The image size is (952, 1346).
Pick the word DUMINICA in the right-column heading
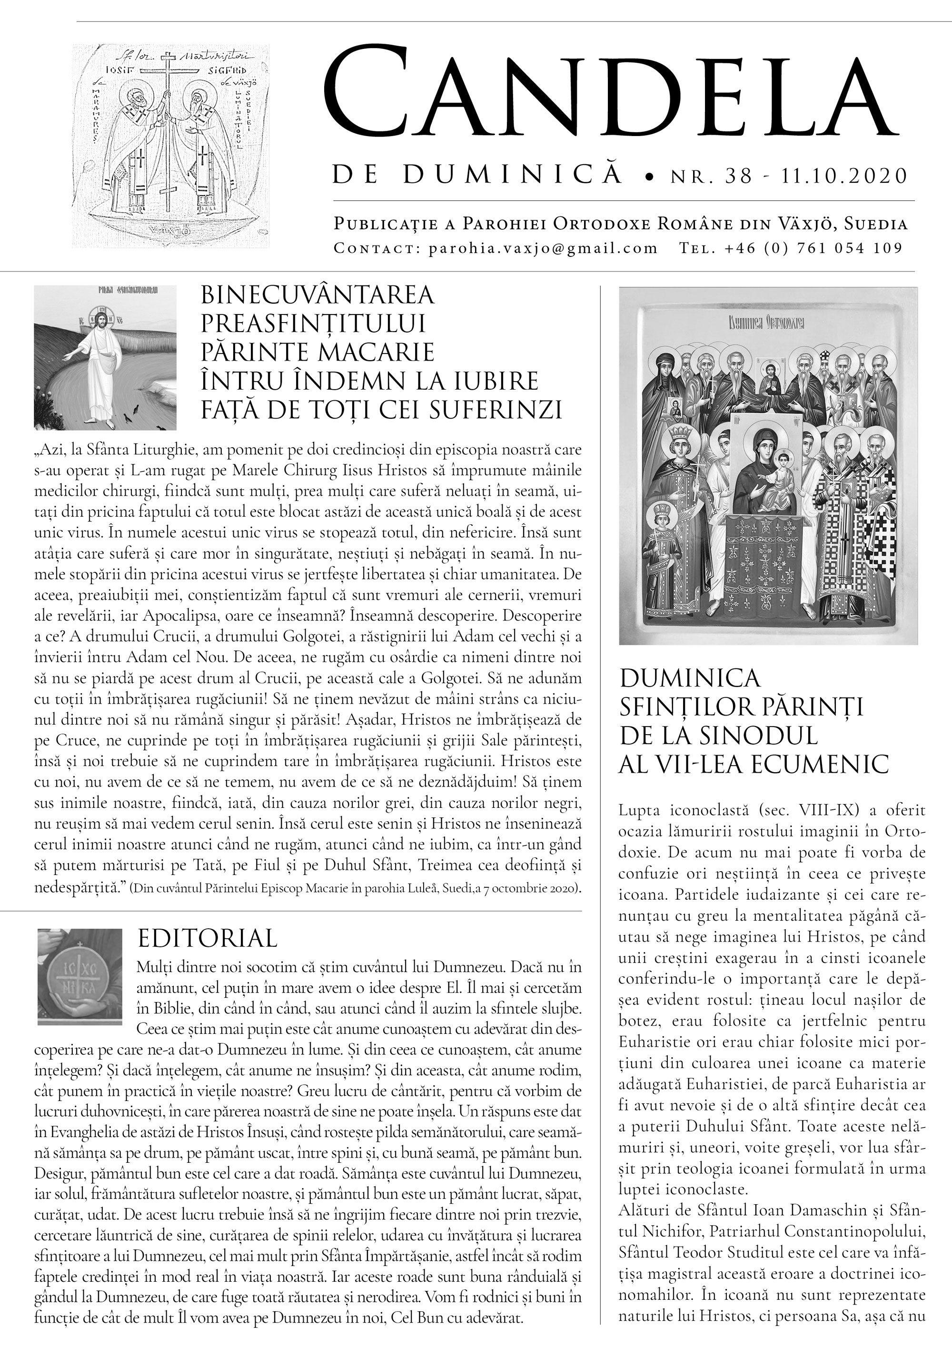click(x=690, y=678)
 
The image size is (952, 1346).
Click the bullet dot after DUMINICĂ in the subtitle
click(x=648, y=177)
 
